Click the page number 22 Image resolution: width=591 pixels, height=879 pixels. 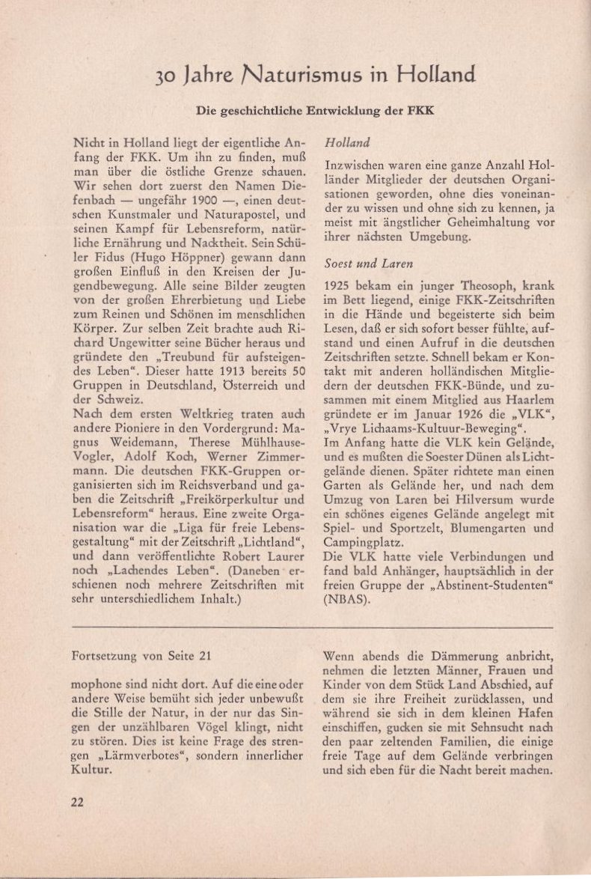77,801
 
